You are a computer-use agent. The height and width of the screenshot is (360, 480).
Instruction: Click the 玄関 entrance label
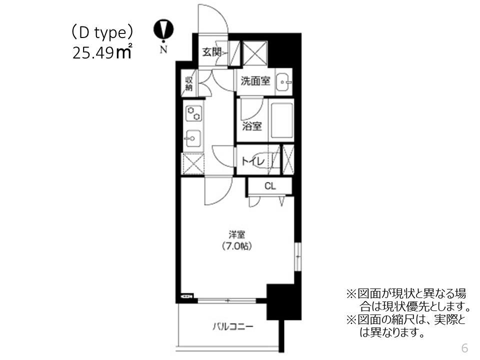pyautogui.click(x=210, y=51)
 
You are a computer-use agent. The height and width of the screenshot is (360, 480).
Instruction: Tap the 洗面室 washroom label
pyautogui.click(x=255, y=80)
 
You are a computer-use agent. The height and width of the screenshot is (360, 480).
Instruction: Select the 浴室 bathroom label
pyautogui.click(x=252, y=126)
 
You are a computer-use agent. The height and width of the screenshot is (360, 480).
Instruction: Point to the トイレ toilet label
pyautogui.click(x=253, y=160)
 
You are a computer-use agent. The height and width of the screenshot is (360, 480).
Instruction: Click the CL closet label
pyautogui.click(x=269, y=186)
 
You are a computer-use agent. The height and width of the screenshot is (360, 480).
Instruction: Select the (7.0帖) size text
pyautogui.click(x=236, y=245)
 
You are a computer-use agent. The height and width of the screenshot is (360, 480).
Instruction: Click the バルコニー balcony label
pyautogui.click(x=232, y=327)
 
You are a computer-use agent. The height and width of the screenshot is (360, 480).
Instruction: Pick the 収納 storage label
pyautogui.click(x=189, y=83)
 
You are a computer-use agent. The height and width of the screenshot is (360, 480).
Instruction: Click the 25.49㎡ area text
pyautogui.click(x=102, y=52)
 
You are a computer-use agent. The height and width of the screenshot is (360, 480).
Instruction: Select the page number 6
pyautogui.click(x=464, y=347)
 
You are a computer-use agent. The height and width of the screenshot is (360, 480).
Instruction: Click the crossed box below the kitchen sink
pyautogui.click(x=193, y=163)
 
